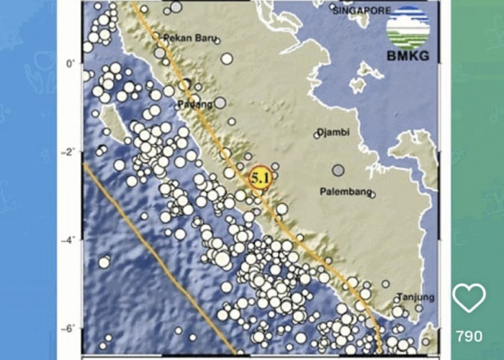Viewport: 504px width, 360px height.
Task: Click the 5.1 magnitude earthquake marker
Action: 259,176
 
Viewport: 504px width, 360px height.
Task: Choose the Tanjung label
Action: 415,297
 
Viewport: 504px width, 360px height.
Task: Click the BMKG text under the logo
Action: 408,55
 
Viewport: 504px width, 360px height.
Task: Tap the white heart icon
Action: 469,297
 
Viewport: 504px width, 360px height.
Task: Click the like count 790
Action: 469,336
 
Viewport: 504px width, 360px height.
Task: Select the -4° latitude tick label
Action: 68,240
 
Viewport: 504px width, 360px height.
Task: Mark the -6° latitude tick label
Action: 68,329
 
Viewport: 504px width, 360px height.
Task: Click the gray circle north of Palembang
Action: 338,171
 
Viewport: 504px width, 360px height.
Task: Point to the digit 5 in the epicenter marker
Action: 255,176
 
